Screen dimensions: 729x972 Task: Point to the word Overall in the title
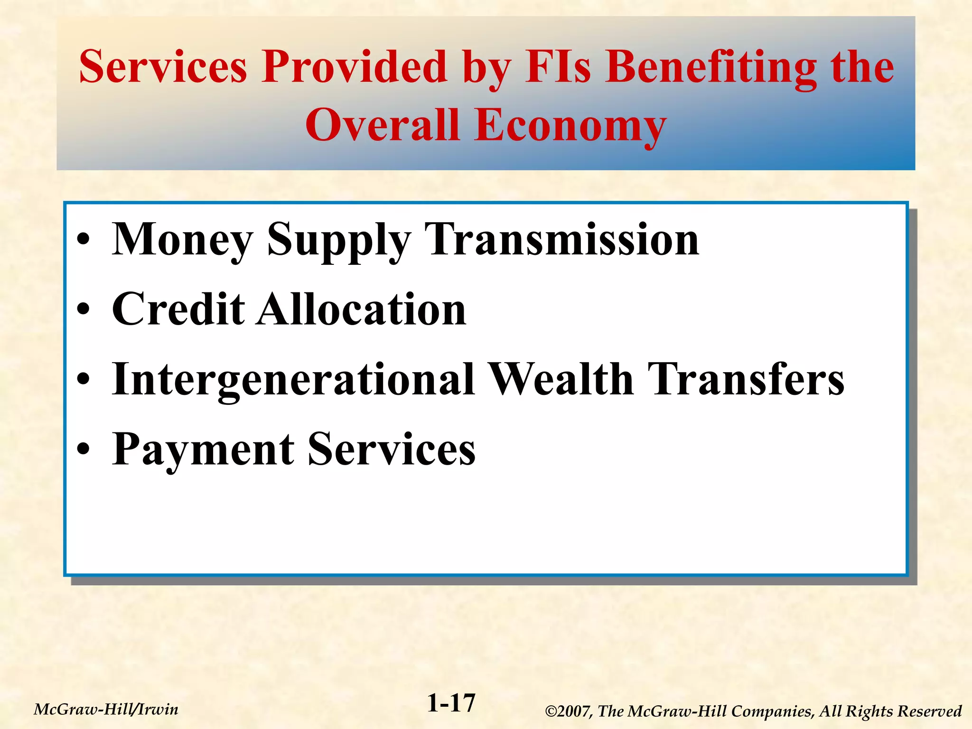[383, 125]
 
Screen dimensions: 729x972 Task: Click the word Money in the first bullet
[182, 240]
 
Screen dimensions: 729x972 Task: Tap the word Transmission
[562, 240]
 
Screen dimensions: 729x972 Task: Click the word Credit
[178, 310]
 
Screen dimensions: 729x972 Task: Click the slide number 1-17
[451, 703]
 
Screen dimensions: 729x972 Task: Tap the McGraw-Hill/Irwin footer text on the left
[106, 710]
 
